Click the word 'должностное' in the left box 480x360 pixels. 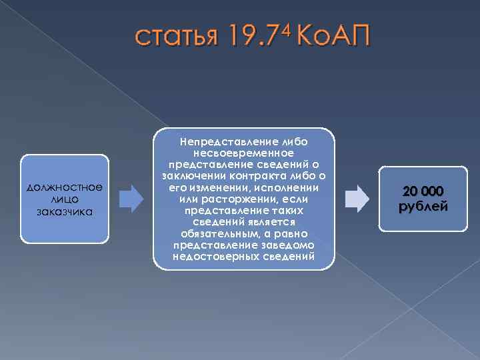pos(65,188)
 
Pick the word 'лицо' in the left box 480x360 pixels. pos(65,200)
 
